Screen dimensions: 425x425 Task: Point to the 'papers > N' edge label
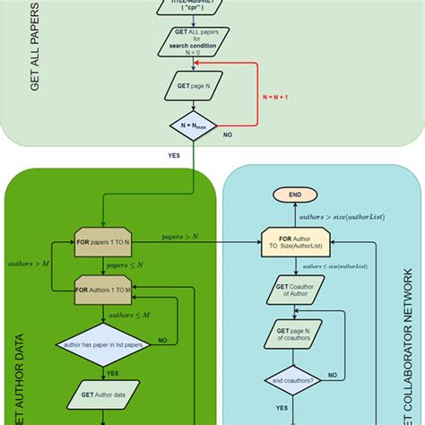click(180, 236)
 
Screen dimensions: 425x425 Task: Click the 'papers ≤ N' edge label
click(126, 266)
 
